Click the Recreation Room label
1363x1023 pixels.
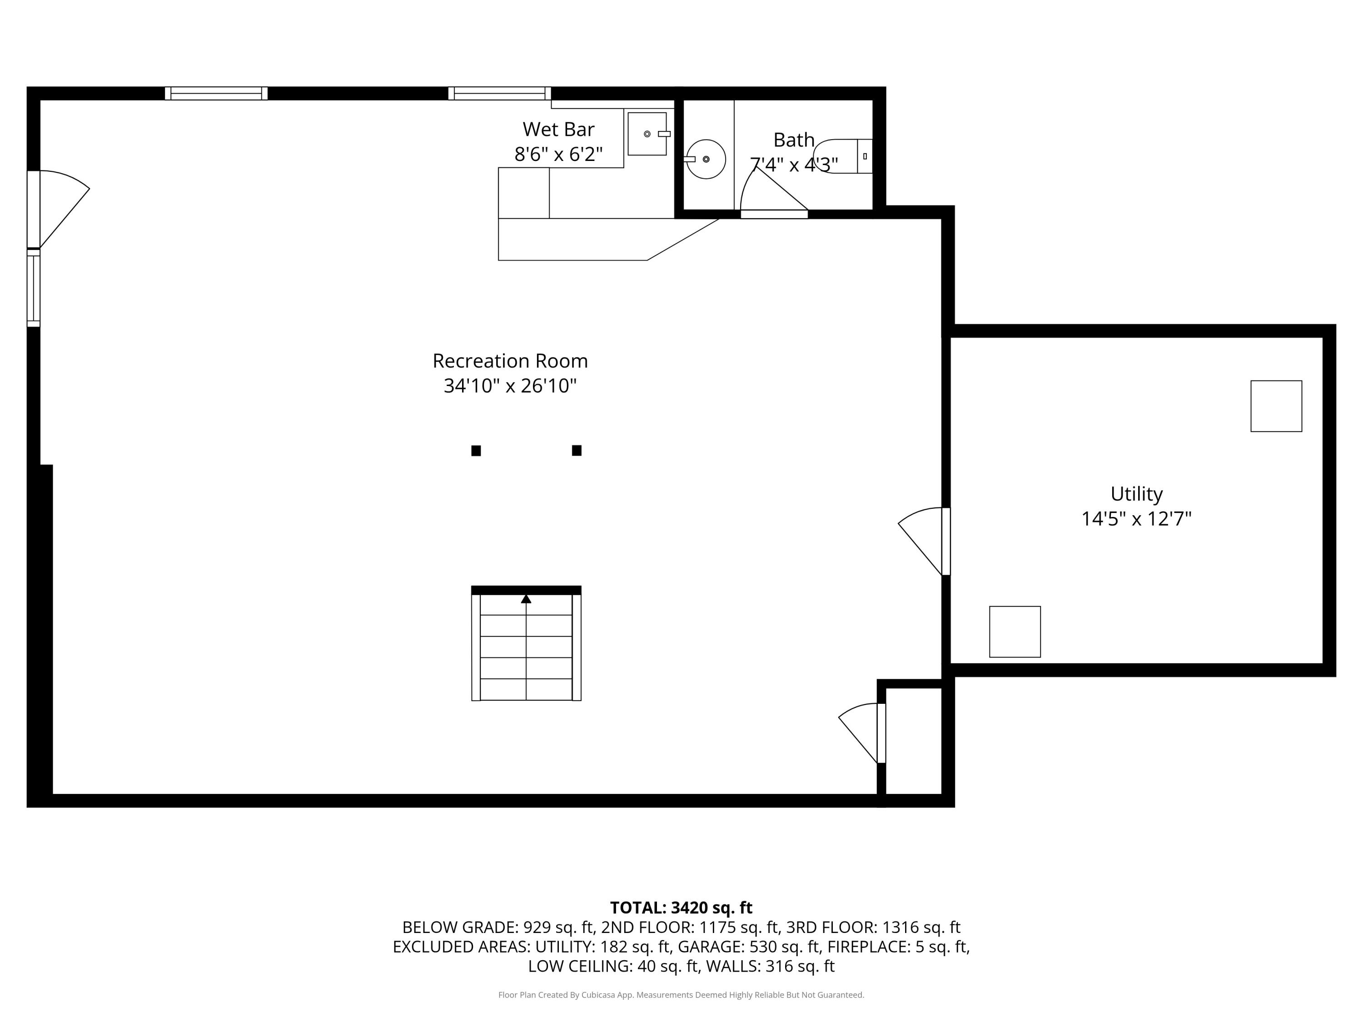coord(510,361)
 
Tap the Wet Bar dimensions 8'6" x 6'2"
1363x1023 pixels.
coord(558,154)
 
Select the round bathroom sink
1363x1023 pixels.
coord(706,159)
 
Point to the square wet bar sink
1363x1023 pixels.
coord(647,134)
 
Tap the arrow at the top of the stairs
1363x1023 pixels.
coord(526,599)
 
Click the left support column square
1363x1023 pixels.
coord(476,451)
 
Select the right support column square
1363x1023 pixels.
coord(577,451)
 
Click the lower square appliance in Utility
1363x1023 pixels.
coord(1015,632)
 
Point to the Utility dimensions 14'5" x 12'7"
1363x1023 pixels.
coord(1136,519)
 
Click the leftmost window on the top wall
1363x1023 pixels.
coord(216,93)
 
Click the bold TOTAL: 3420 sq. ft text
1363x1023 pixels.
coord(681,908)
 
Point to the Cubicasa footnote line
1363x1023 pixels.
coord(681,995)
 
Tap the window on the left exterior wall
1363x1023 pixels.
coord(33,288)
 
